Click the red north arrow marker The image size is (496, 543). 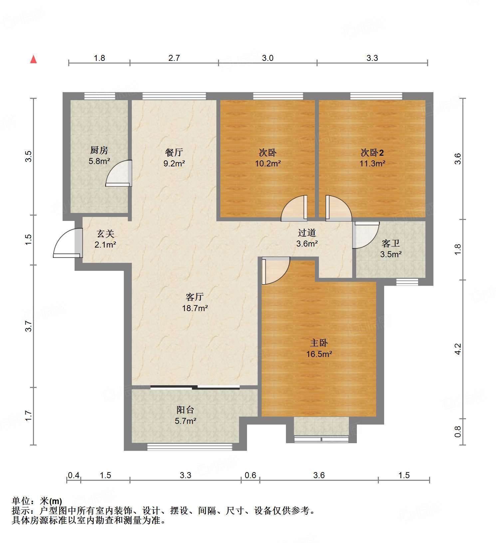[x=33, y=59]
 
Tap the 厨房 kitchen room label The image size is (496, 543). [x=99, y=150]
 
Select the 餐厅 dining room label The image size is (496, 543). [x=174, y=152]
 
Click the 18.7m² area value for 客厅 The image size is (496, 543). [x=195, y=308]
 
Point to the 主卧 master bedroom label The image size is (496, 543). [x=319, y=343]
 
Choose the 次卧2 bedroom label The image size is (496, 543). [x=372, y=153]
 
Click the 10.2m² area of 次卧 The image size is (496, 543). [x=268, y=163]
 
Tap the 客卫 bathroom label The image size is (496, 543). [x=390, y=243]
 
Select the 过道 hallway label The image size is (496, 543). [x=307, y=233]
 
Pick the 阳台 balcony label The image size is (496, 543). [x=185, y=410]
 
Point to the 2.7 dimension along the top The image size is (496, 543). [x=174, y=58]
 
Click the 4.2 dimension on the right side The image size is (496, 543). [x=458, y=349]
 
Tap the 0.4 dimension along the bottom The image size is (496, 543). [x=74, y=475]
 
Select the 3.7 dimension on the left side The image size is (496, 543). [x=29, y=326]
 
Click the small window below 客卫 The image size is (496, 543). [x=407, y=282]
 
